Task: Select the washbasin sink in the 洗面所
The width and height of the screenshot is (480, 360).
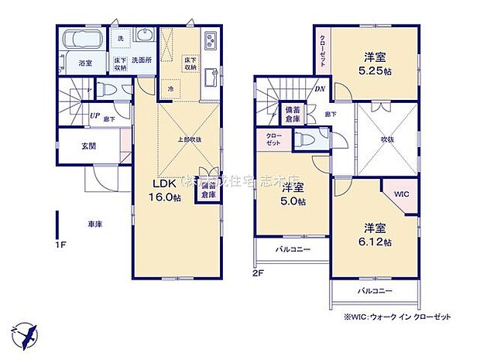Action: (x=142, y=36)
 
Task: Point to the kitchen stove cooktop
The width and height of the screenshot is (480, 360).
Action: (x=210, y=40)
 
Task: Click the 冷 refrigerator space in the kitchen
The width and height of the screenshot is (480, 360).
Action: (x=170, y=89)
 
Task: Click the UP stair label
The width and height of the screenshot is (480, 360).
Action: (x=94, y=116)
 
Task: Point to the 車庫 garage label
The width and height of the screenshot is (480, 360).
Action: (x=94, y=225)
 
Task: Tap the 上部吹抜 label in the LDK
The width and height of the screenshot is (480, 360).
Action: (x=188, y=139)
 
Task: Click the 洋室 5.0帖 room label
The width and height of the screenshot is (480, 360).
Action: (x=293, y=195)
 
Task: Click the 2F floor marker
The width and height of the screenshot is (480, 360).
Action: (x=258, y=273)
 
